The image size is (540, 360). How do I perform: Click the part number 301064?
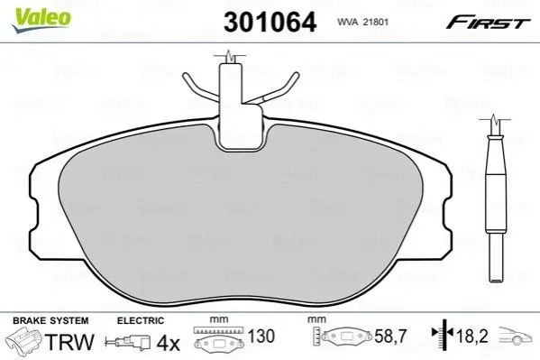(270, 22)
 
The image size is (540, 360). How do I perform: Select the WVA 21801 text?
(362, 22)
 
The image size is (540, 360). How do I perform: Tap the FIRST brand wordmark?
(488, 22)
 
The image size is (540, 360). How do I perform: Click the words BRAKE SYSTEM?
(50, 320)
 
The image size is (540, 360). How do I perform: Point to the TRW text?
(69, 342)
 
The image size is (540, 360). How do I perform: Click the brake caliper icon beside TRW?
(24, 341)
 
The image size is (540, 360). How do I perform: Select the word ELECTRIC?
(141, 320)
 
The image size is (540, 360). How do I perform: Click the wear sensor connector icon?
(128, 342)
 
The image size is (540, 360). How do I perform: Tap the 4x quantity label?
(169, 343)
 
